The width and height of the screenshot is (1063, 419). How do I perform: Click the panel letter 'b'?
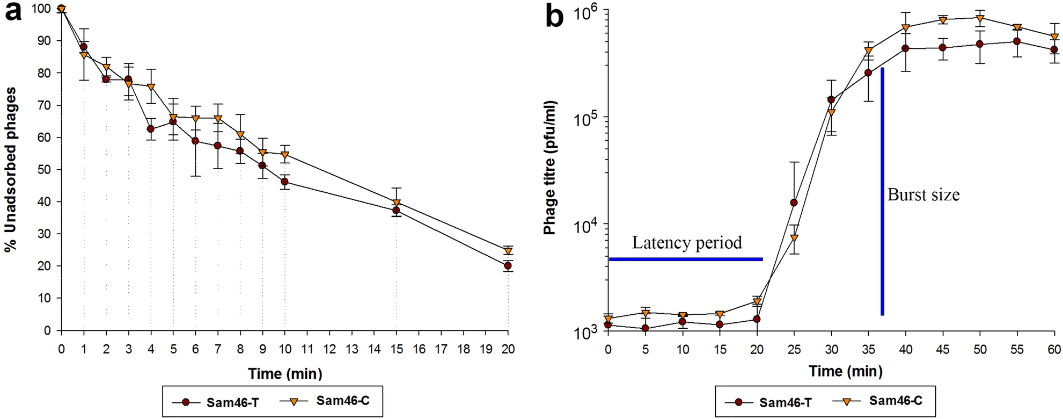click(554, 16)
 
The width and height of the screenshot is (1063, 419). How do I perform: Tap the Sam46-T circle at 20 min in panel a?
click(508, 266)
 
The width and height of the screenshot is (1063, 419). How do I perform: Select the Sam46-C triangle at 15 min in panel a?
click(397, 203)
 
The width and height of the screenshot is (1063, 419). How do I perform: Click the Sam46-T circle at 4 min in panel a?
click(151, 129)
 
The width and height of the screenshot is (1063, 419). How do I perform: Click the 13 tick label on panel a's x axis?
click(351, 349)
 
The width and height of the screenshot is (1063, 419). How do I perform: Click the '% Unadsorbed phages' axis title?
click(11, 170)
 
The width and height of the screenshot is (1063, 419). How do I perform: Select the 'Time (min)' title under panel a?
click(285, 373)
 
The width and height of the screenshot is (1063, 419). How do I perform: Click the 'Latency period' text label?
click(686, 242)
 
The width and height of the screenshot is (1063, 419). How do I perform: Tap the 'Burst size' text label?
click(923, 194)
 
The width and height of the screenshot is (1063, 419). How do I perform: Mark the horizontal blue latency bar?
click(685, 259)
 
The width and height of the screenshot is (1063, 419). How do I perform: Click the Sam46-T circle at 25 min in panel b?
click(794, 203)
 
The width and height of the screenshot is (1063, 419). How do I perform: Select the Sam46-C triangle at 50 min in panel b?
click(980, 18)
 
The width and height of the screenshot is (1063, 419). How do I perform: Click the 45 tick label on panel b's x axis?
click(942, 349)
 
